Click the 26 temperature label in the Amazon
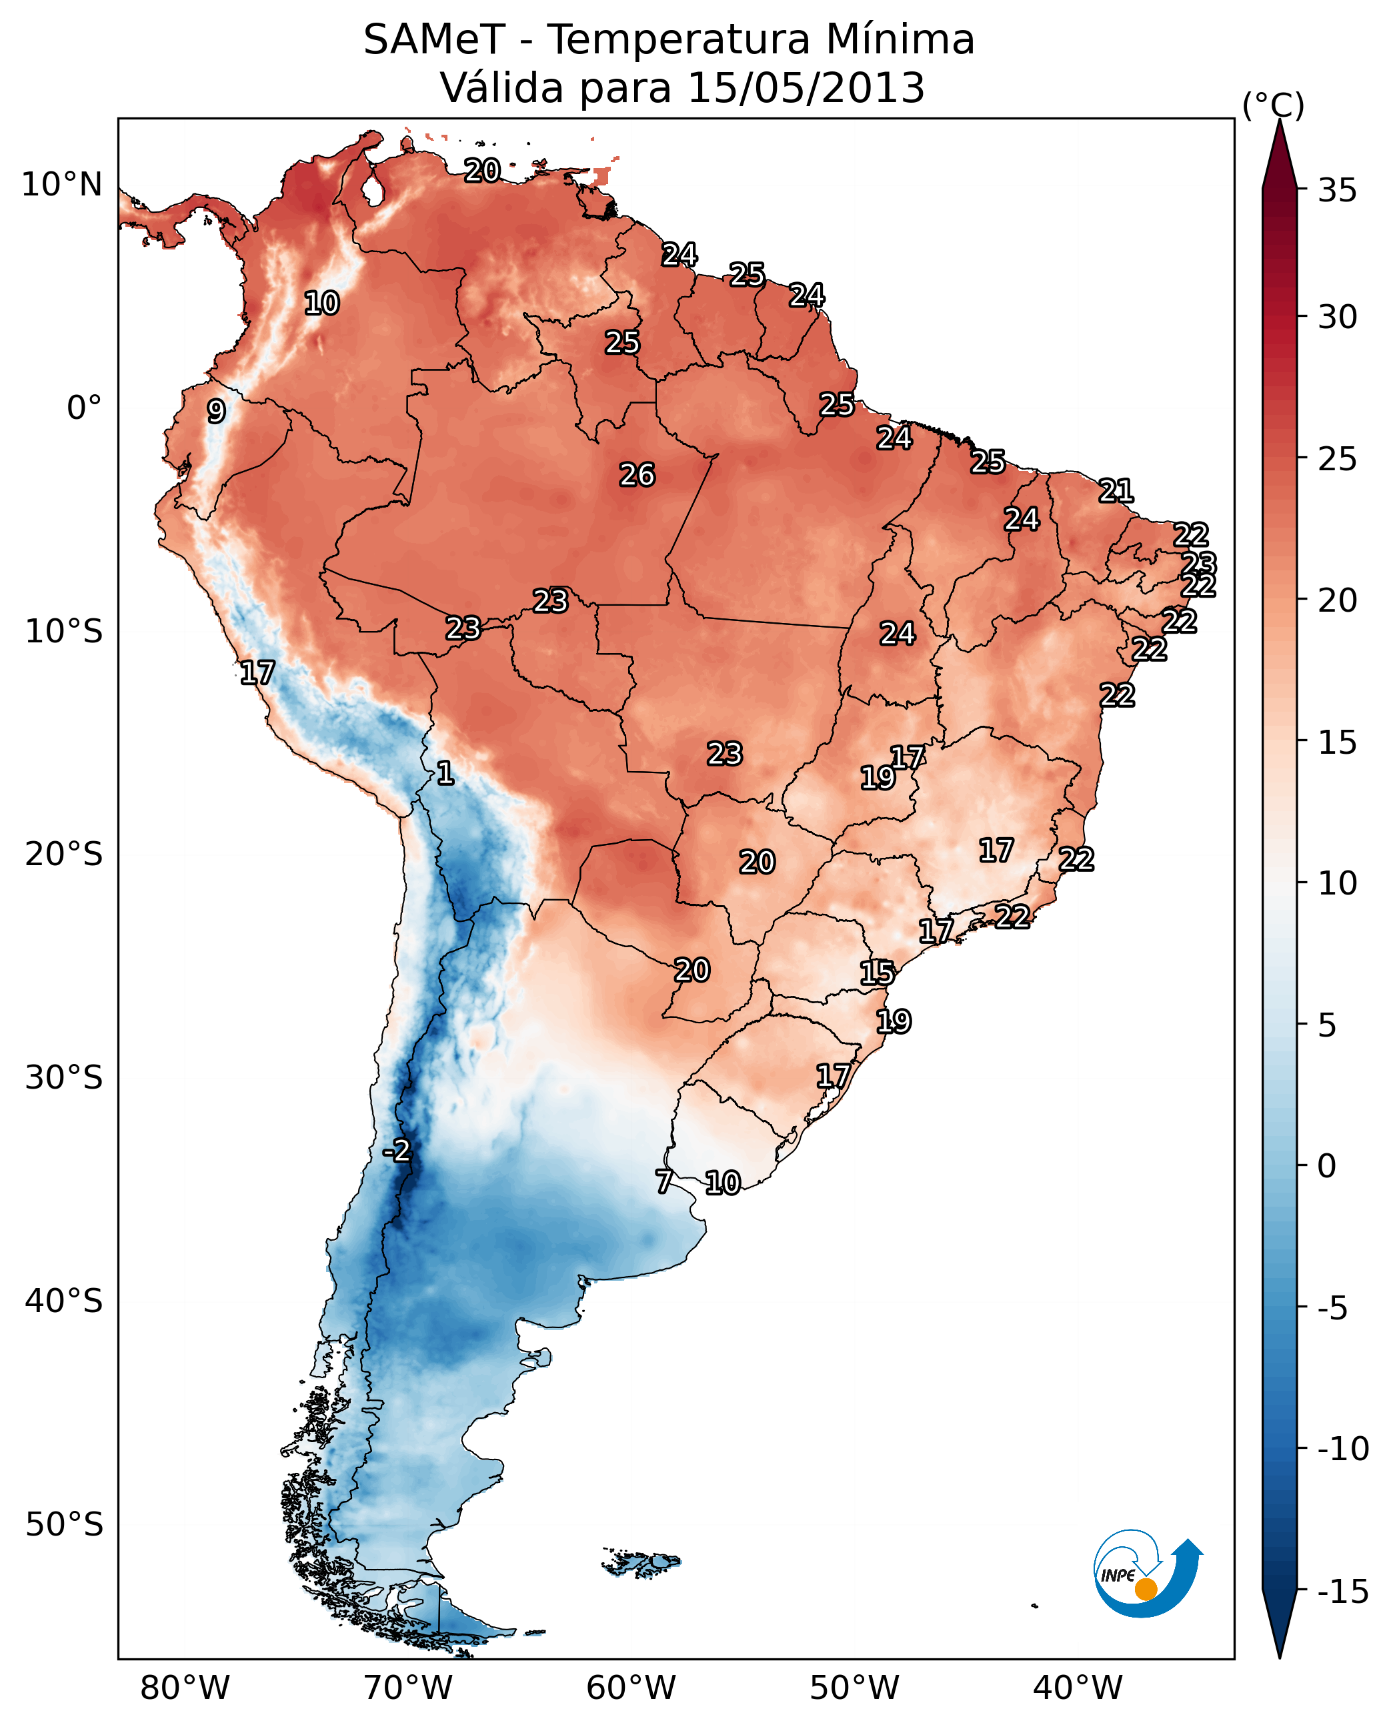click(x=637, y=476)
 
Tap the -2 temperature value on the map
click(x=396, y=1151)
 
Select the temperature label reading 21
click(x=1116, y=490)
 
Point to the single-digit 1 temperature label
click(x=445, y=774)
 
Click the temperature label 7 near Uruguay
click(x=663, y=1181)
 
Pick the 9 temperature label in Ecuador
click(x=216, y=411)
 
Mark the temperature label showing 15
click(x=878, y=973)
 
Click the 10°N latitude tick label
click(x=62, y=185)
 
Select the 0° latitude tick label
click(x=84, y=408)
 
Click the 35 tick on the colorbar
click(x=1337, y=191)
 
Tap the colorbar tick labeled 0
click(x=1327, y=1166)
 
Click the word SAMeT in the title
click(x=434, y=40)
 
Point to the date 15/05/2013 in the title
click(x=806, y=88)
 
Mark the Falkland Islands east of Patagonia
click(x=641, y=1563)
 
